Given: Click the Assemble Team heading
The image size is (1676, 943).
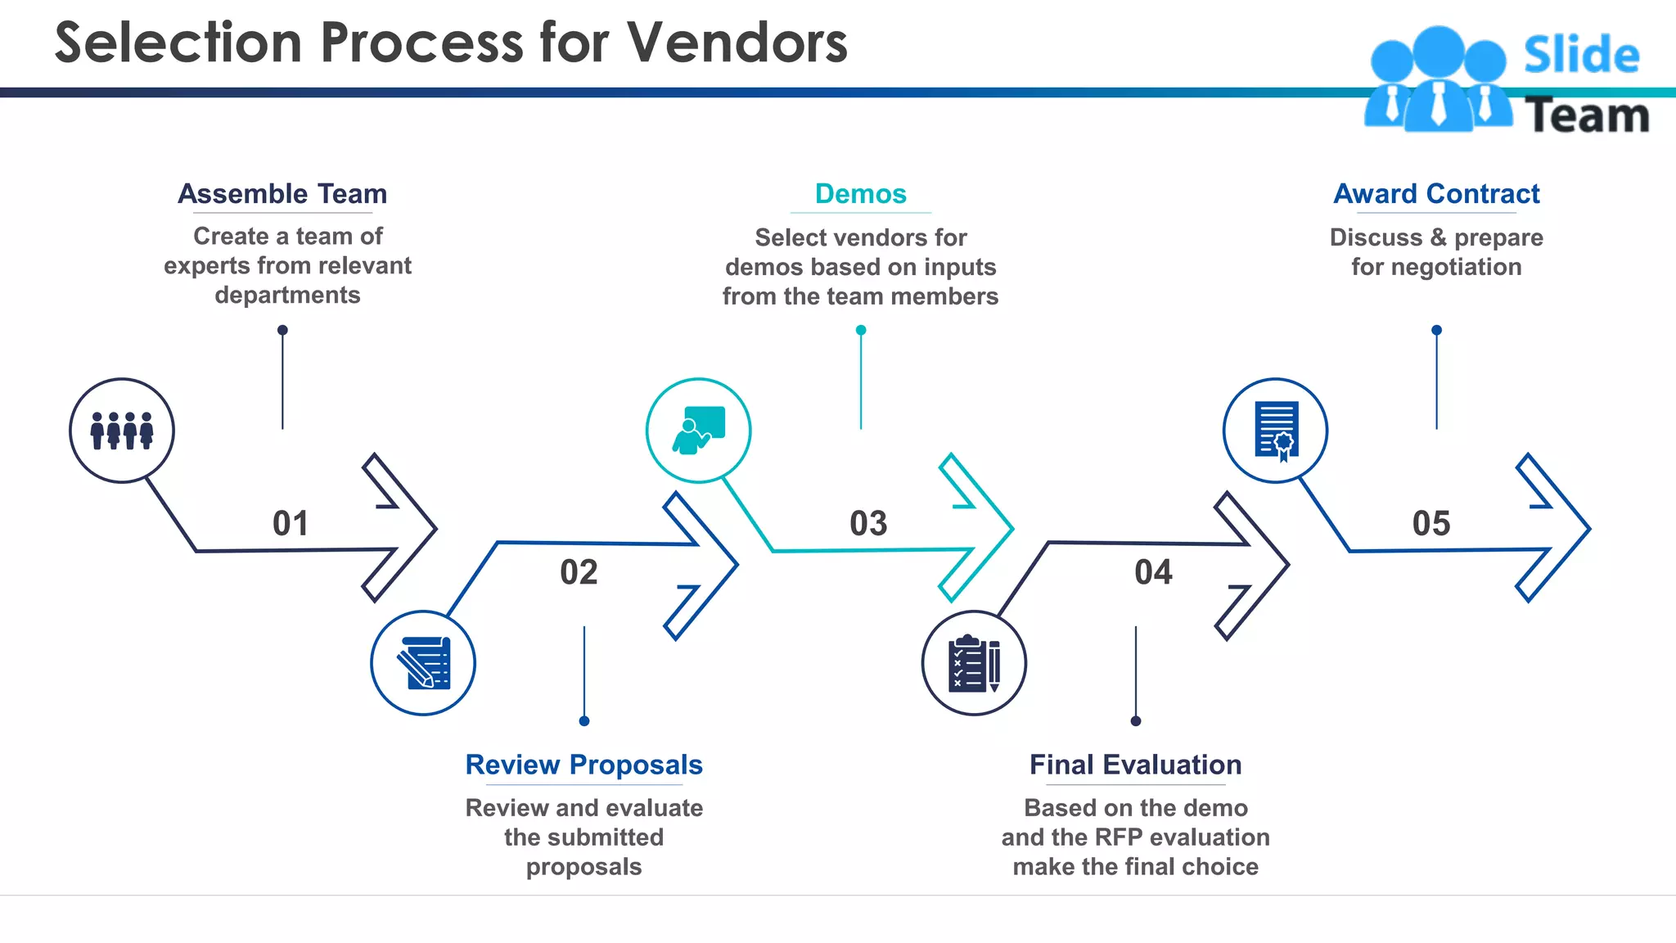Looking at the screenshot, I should click(x=282, y=194).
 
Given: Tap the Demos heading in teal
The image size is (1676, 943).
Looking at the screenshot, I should click(x=860, y=194).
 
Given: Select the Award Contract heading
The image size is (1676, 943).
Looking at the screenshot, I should click(x=1436, y=194).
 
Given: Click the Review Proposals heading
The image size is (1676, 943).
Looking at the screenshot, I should click(x=583, y=765).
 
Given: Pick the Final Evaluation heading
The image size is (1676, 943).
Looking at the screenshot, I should click(x=1135, y=765).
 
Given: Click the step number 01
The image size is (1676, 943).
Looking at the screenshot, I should click(x=291, y=523).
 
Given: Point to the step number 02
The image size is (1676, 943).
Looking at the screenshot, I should click(x=579, y=572).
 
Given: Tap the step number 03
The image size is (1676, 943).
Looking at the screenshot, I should click(x=868, y=523).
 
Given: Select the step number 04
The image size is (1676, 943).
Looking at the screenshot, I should click(x=1153, y=572).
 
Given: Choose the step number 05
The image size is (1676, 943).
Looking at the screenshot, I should click(x=1431, y=523).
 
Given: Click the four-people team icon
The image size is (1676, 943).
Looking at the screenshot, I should click(x=122, y=431).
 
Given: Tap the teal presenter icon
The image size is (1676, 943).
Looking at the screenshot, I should click(x=698, y=431).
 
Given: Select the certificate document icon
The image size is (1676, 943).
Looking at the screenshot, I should click(x=1275, y=431).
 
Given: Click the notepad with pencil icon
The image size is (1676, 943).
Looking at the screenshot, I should click(x=423, y=663).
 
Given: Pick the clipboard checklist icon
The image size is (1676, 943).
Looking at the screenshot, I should click(x=974, y=663).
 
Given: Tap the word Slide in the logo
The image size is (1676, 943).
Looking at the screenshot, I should click(x=1581, y=56).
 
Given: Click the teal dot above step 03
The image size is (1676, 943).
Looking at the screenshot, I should click(x=861, y=331).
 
